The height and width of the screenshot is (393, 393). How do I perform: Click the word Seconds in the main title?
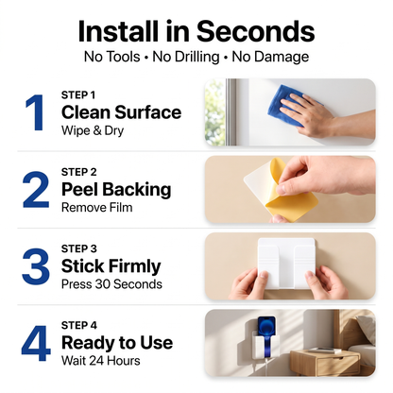click(x=255, y=31)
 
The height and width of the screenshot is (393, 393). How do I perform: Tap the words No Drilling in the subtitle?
click(x=186, y=57)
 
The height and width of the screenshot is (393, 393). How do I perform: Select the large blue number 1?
click(x=35, y=112)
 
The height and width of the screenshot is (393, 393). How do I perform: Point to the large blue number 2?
click(x=36, y=190)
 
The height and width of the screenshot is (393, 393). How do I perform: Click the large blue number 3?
click(x=36, y=266)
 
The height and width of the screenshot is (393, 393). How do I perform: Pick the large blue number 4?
click(x=36, y=343)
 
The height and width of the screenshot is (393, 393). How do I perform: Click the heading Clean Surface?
click(x=122, y=112)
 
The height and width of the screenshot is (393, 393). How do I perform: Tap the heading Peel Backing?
click(x=116, y=190)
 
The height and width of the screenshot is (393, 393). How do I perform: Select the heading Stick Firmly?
click(x=111, y=266)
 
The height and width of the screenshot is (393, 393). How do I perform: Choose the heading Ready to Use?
click(x=117, y=343)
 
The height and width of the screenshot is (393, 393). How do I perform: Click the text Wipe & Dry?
click(x=93, y=130)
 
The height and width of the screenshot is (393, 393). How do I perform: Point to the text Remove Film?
click(x=97, y=208)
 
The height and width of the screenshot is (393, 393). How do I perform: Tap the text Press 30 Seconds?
click(x=111, y=284)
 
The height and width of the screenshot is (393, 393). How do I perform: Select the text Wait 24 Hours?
click(x=101, y=361)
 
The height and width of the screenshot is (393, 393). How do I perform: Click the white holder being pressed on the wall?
click(x=286, y=263)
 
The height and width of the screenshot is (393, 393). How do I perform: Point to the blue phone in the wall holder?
click(x=267, y=331)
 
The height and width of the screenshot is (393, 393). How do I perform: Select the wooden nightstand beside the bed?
click(x=324, y=362)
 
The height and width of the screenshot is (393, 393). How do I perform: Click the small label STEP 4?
click(x=79, y=325)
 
